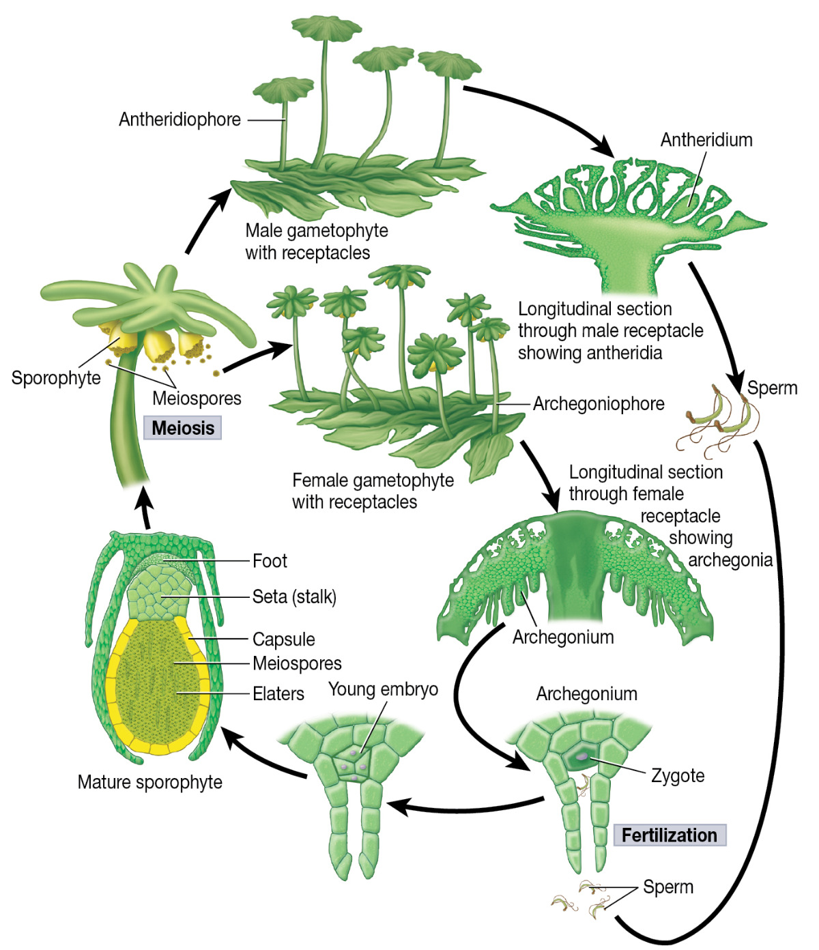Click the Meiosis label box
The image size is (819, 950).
tap(182, 428)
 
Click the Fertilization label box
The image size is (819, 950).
tap(669, 835)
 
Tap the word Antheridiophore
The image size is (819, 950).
tap(179, 119)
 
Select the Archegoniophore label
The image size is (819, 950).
tap(599, 404)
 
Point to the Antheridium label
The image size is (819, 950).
tap(706, 140)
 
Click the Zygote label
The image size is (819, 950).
tap(678, 775)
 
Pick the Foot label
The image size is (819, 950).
tap(270, 561)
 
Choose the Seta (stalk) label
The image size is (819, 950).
tap(294, 597)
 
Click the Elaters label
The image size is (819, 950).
tap(278, 694)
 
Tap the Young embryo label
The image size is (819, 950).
tap(383, 689)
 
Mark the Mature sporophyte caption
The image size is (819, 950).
tap(150, 782)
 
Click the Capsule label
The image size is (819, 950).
tap(284, 639)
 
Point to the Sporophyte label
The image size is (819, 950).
tap(56, 378)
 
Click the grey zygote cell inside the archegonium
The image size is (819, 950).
tap(581, 757)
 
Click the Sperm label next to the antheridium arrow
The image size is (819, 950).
tap(772, 388)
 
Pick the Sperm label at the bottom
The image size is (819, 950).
tap(668, 887)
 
